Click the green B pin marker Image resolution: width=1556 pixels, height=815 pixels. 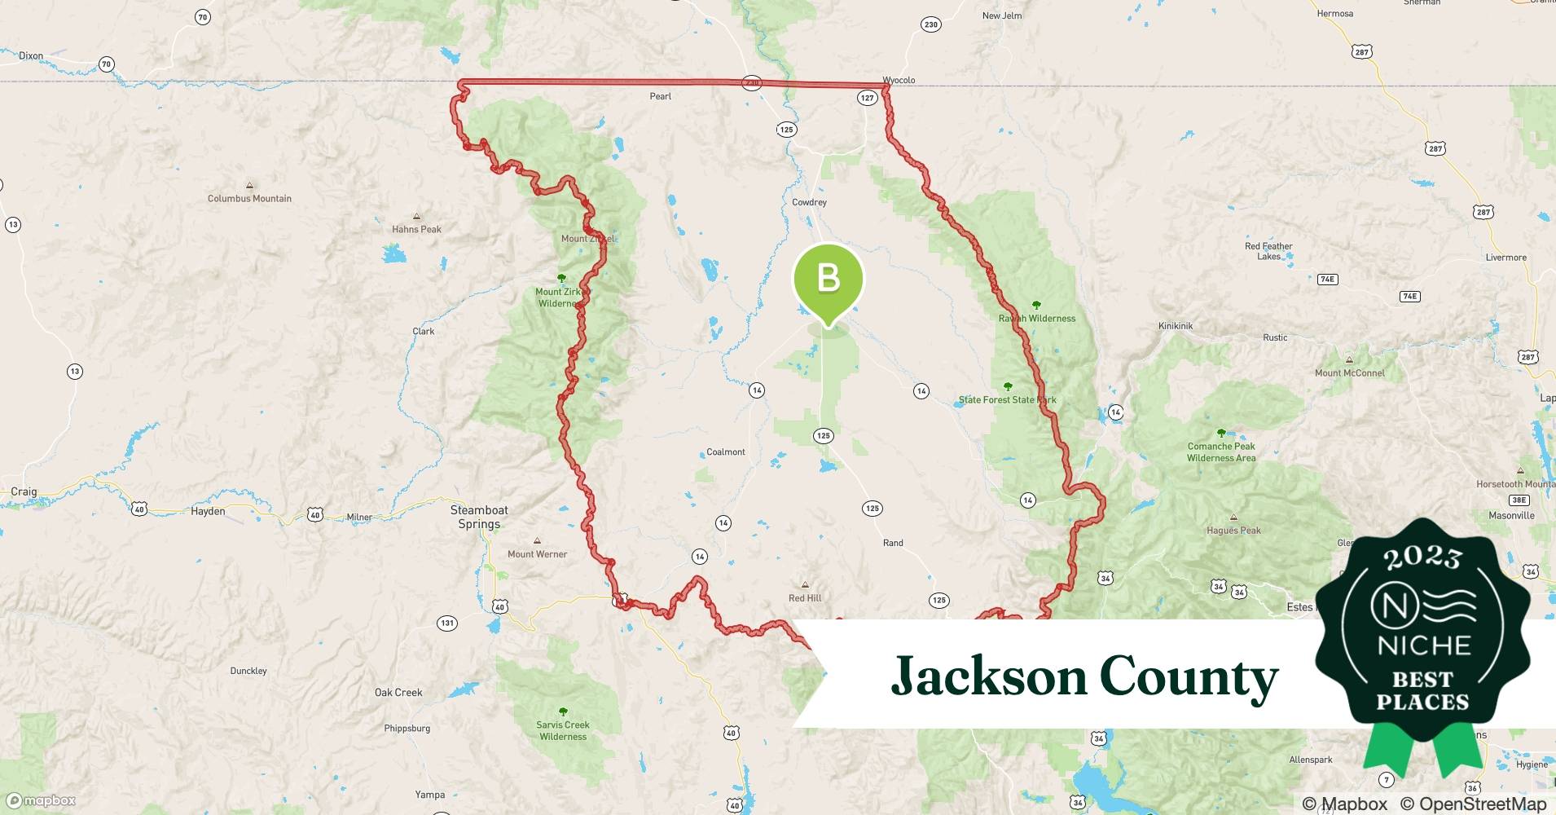click(828, 279)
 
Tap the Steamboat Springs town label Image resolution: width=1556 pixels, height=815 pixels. click(479, 517)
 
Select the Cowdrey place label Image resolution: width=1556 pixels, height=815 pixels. click(809, 202)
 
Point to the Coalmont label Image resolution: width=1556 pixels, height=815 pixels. click(725, 452)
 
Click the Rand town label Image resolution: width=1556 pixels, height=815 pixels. click(893, 543)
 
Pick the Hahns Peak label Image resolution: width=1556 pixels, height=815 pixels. click(416, 229)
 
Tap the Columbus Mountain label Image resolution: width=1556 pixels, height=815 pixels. click(249, 198)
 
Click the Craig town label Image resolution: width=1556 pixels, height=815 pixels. click(24, 491)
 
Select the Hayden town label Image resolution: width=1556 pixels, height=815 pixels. click(208, 511)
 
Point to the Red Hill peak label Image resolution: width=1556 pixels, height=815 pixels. click(805, 597)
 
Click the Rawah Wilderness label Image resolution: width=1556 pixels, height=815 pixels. click(1037, 318)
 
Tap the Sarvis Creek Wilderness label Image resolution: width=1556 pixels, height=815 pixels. click(563, 730)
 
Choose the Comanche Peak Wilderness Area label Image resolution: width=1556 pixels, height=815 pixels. click(1221, 452)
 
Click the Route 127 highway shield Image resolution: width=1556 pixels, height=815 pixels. click(867, 98)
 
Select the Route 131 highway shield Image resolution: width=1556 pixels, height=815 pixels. click(447, 623)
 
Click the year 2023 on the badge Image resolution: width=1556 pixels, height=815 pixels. click(1422, 557)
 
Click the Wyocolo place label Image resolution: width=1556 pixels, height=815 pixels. click(899, 80)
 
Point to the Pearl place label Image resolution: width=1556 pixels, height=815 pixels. click(660, 96)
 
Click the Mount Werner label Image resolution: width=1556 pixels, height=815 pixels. click(537, 554)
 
